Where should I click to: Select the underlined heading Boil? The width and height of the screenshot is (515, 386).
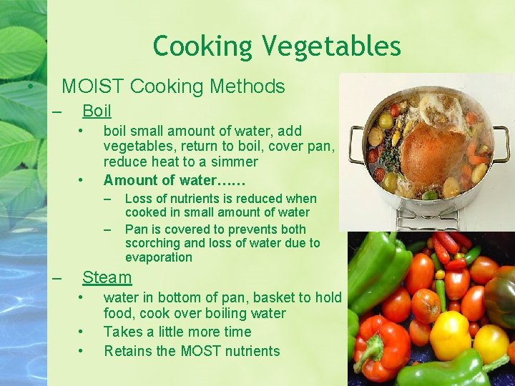[97, 111]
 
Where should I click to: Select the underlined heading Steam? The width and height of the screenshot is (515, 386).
[107, 277]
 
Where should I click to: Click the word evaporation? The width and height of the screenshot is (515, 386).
[158, 257]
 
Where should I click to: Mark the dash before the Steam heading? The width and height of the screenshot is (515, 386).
[58, 277]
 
